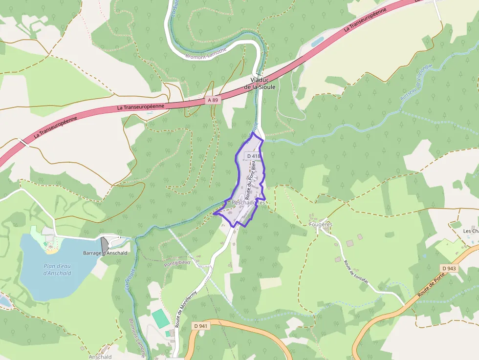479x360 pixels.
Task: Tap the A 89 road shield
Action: point(213,100)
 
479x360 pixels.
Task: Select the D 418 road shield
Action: point(253,156)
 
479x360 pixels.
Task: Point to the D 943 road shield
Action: point(448,268)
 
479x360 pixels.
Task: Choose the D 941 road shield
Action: point(200,326)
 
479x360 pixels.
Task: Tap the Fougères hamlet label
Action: point(321,224)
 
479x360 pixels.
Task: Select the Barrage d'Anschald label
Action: point(105,253)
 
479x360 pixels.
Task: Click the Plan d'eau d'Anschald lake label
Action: point(57,269)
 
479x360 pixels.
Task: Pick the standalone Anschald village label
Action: point(100,357)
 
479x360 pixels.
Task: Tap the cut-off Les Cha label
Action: point(471,231)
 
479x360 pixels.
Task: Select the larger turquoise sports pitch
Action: point(160,319)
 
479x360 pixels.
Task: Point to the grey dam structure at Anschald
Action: point(105,244)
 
